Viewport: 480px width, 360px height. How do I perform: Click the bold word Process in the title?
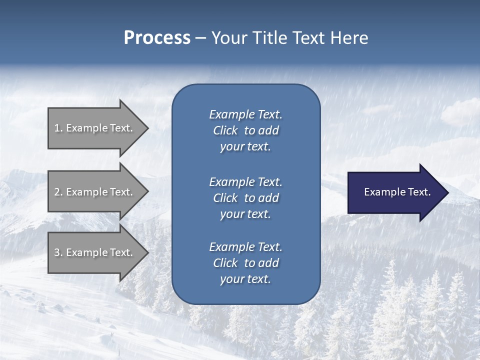click(157, 38)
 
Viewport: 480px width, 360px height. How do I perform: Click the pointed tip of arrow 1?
click(147, 128)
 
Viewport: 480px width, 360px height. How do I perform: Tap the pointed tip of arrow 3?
click(147, 252)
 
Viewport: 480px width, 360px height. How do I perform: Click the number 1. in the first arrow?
click(58, 128)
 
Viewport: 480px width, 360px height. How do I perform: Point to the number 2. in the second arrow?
click(58, 192)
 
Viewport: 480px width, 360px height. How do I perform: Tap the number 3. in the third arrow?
click(58, 252)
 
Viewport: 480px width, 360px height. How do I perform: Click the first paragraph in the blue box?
click(245, 130)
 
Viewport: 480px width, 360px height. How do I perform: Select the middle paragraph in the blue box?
click(245, 198)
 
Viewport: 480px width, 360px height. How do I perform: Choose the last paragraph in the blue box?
click(245, 263)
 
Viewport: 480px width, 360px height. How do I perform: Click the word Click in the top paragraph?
click(225, 130)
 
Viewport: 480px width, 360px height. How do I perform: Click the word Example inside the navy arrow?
click(382, 192)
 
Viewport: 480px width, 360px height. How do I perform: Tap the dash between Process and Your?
click(201, 38)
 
